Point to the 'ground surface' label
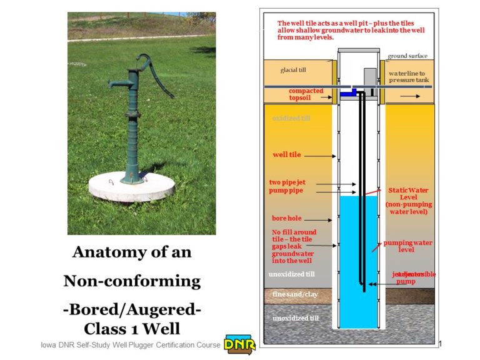[x=407, y=56]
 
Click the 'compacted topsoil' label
[x=306, y=94]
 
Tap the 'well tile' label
[x=287, y=154]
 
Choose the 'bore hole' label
[x=287, y=219]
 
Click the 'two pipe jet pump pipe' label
[x=288, y=186]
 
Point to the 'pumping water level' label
[x=407, y=246]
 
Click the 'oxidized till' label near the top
[x=291, y=117]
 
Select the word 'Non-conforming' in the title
[x=132, y=281]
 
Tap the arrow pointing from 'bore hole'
[x=320, y=220]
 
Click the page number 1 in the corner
[x=441, y=344]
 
